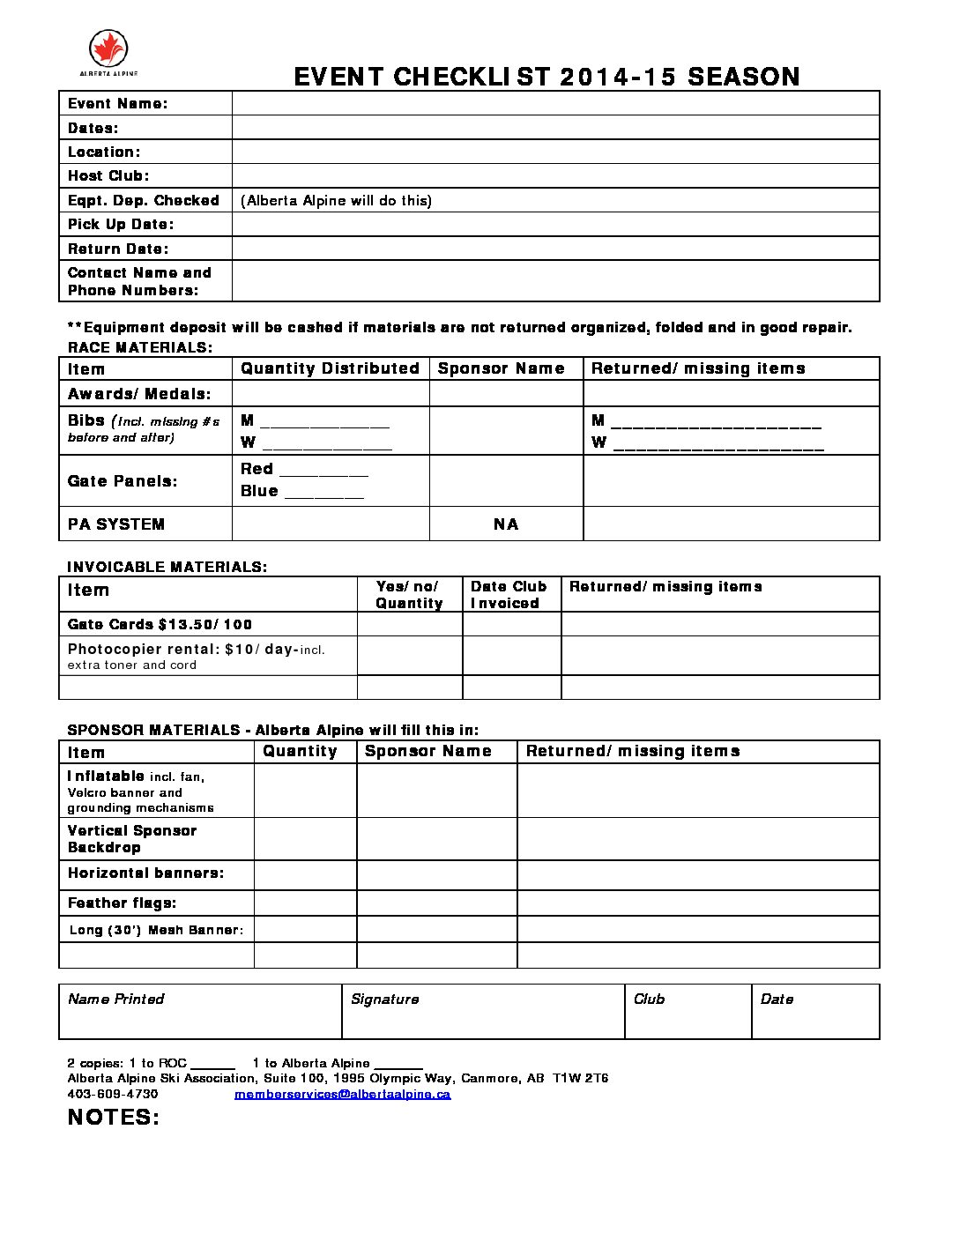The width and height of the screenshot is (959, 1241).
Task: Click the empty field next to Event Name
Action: click(555, 103)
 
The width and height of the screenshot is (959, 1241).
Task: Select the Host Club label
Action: click(108, 175)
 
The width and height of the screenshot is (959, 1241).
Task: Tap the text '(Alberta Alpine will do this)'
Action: click(336, 200)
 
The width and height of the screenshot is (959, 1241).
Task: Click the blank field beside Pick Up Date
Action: click(555, 224)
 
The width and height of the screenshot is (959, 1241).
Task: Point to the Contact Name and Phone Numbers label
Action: click(139, 281)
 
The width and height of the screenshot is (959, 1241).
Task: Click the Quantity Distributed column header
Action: click(330, 368)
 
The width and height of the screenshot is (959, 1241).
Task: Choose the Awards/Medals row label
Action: click(139, 393)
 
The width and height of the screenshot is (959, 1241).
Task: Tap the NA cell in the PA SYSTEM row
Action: click(506, 524)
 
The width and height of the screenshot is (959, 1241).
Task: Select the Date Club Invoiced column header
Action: click(509, 595)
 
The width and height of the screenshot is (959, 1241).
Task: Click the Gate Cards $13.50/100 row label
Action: click(160, 624)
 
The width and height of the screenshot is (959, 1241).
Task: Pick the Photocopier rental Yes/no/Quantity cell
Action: click(409, 656)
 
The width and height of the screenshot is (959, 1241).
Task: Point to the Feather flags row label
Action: click(122, 903)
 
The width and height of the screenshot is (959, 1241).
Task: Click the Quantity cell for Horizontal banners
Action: click(305, 874)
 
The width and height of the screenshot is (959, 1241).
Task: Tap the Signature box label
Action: click(384, 999)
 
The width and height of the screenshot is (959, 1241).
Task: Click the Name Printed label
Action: click(115, 999)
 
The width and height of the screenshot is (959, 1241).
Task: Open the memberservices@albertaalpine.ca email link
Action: click(342, 1094)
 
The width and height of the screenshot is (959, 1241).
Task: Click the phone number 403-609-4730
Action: click(113, 1094)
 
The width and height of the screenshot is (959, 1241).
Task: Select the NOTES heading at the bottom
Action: click(114, 1118)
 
